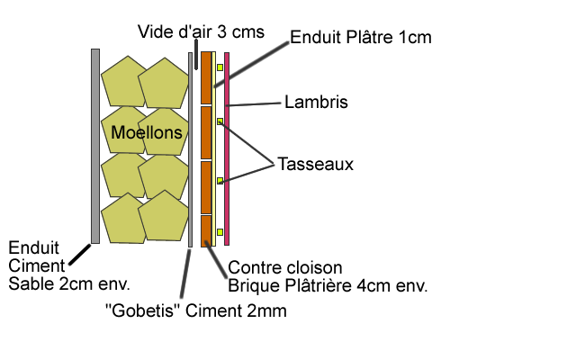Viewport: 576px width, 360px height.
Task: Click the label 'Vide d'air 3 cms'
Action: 202,32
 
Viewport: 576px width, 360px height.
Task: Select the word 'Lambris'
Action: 316,102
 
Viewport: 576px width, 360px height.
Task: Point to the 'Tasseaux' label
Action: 316,165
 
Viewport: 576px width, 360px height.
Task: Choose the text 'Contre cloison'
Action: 285,268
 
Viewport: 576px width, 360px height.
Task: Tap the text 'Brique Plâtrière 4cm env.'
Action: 328,286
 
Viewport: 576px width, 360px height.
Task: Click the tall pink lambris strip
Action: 227,148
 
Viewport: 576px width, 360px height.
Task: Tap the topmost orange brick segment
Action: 206,77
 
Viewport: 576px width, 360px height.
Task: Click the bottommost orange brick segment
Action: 206,230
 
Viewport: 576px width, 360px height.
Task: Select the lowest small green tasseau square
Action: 220,233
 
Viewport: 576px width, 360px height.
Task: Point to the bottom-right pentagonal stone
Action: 162,217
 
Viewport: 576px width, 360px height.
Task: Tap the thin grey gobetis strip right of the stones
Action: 190,149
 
